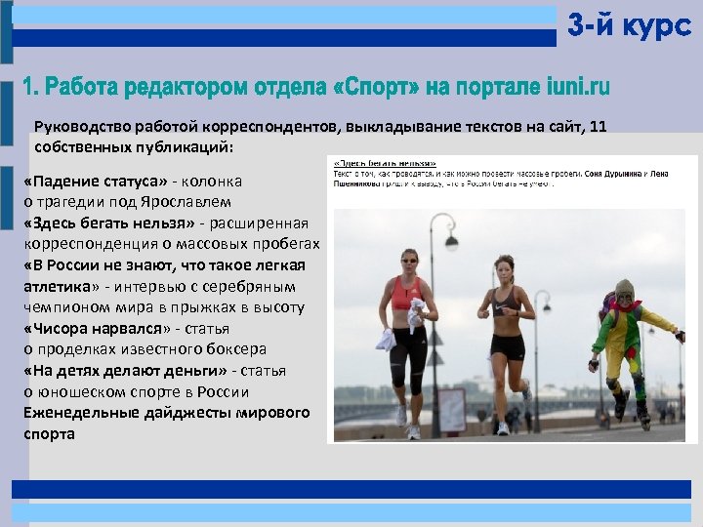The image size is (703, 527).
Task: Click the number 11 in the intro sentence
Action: coord(599,127)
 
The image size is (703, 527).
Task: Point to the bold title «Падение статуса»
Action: coord(95,182)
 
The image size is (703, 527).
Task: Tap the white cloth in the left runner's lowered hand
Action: coord(386,339)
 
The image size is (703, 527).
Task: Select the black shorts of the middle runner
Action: coord(508,345)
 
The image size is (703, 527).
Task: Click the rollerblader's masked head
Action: coord(622,292)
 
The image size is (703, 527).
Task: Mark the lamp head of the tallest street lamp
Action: coord(449,222)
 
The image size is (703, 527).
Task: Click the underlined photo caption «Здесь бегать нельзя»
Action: coord(385,163)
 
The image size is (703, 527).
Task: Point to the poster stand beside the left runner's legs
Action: coord(451,410)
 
